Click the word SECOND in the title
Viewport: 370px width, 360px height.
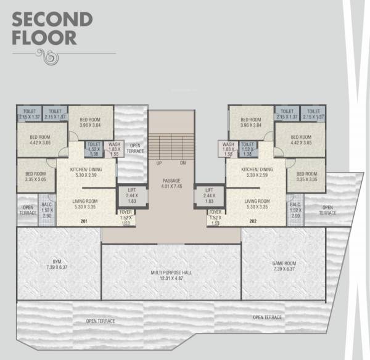(52, 18)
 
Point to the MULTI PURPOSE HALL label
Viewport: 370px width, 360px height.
(171, 274)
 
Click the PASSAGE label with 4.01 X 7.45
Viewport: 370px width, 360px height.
(171, 183)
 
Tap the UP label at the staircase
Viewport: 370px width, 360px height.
(158, 163)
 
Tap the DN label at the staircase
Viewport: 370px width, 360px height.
(183, 163)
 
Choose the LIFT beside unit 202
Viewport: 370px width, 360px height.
(208, 195)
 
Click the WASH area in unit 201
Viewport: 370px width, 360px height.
(115, 148)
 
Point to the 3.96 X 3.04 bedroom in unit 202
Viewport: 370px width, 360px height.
(252, 122)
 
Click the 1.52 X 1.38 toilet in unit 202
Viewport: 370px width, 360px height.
(248, 148)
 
